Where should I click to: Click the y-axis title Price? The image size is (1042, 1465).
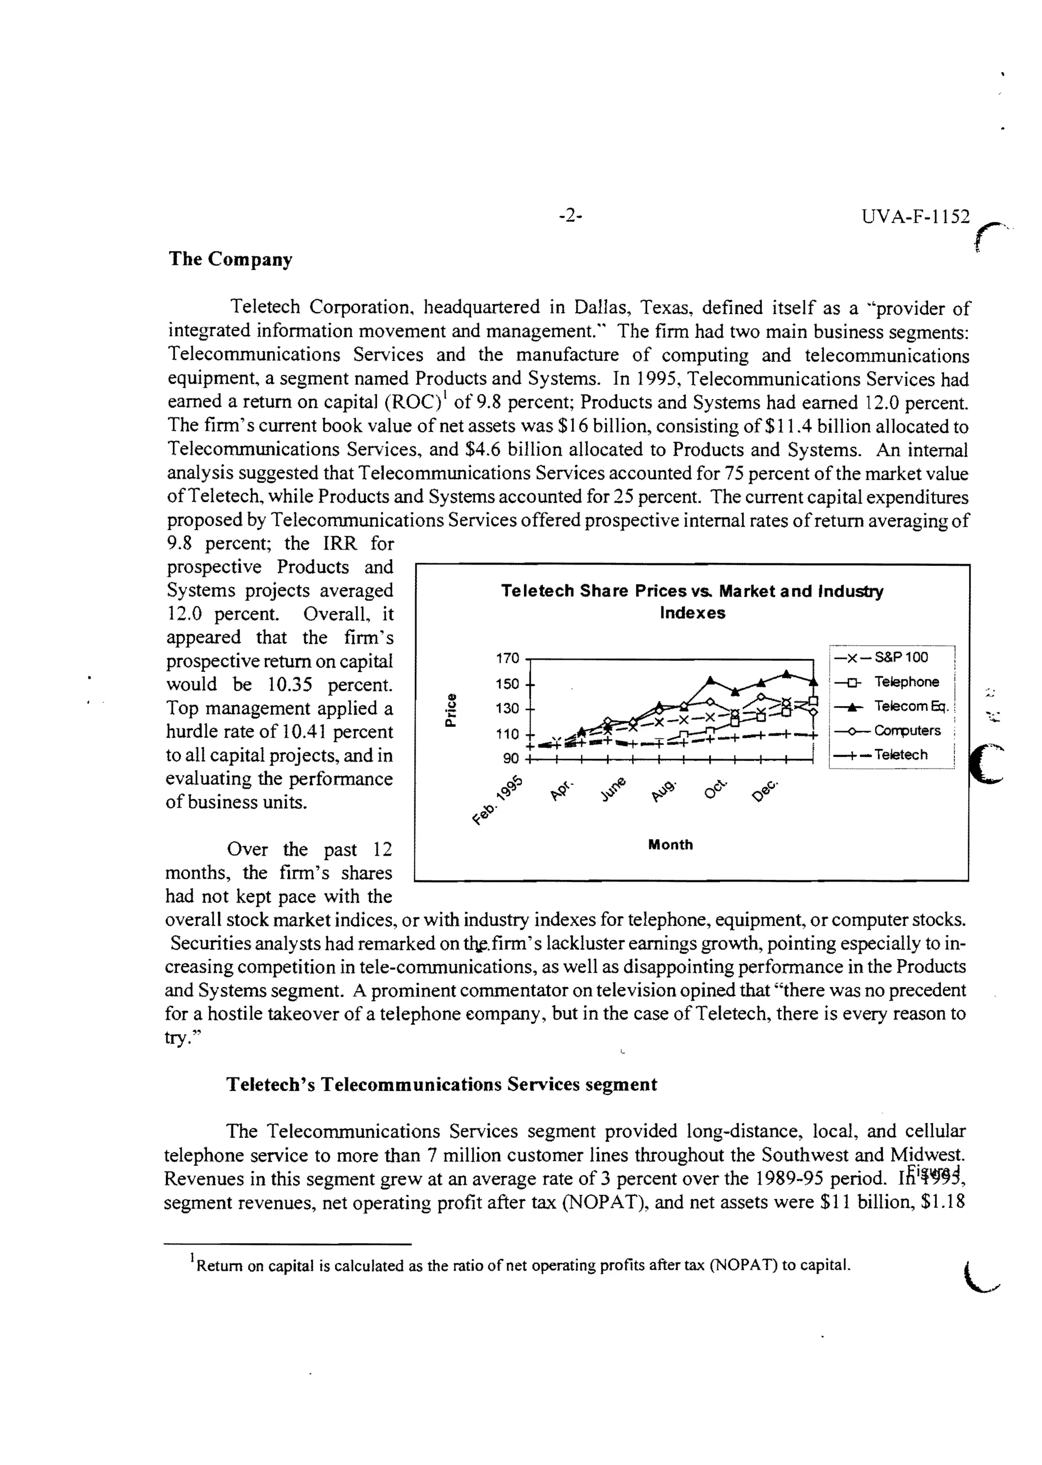pyautogui.click(x=451, y=710)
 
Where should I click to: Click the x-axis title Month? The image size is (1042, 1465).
pyautogui.click(x=671, y=845)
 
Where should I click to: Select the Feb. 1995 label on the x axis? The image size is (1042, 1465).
pyautogui.click(x=499, y=799)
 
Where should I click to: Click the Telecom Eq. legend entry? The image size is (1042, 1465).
pyautogui.click(x=910, y=706)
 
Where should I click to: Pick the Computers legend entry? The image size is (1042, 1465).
pyautogui.click(x=907, y=730)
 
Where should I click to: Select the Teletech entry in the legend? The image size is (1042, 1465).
pyautogui.click(x=900, y=755)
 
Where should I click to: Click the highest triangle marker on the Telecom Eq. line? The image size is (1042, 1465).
pyautogui.click(x=787, y=673)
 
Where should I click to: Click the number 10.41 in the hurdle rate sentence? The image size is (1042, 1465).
pyautogui.click(x=302, y=732)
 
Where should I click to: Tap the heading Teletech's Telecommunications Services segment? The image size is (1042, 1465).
pyautogui.click(x=442, y=1084)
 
